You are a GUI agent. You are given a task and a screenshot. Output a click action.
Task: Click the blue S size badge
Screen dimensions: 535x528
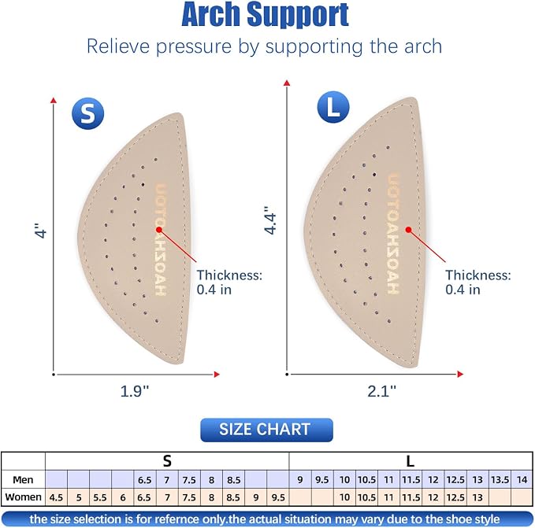(x=88, y=113)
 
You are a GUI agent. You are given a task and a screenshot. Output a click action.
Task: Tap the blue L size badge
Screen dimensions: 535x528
(x=333, y=107)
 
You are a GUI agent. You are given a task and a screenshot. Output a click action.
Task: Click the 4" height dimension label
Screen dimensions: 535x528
(x=41, y=231)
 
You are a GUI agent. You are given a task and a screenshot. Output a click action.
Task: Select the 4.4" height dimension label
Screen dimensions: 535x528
(x=270, y=220)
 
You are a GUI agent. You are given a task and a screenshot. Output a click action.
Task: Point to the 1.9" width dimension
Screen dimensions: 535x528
(x=135, y=391)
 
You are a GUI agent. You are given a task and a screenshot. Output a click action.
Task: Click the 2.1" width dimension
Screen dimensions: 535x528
(x=382, y=391)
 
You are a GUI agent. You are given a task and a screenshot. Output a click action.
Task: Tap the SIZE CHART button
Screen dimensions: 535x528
(x=266, y=430)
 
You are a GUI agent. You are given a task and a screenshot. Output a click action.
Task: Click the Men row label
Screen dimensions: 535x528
(x=23, y=480)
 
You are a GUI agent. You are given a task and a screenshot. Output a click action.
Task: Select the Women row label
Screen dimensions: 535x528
(x=23, y=497)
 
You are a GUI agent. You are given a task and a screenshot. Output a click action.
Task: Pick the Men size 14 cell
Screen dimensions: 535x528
(x=522, y=480)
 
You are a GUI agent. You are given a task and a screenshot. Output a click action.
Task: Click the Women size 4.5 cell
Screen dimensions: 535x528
(x=56, y=497)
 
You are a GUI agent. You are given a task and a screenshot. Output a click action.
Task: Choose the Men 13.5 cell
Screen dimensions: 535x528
(x=500, y=480)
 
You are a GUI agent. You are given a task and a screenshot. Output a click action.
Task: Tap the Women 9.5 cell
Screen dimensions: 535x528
(x=278, y=497)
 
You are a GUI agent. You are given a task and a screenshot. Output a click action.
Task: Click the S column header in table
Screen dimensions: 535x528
(x=167, y=461)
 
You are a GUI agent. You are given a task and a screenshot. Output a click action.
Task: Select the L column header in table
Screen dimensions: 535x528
(x=411, y=461)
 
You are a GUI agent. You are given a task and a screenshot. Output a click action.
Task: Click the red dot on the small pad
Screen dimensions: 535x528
(x=159, y=230)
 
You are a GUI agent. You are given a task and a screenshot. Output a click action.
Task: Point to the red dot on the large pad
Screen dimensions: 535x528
(x=408, y=230)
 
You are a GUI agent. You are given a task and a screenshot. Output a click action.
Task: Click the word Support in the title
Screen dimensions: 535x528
(x=298, y=15)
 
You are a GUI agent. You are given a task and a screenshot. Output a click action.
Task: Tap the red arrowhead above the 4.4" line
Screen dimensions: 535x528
(x=287, y=83)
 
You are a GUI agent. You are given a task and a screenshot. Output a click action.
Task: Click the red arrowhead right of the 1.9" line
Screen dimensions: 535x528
(x=217, y=375)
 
